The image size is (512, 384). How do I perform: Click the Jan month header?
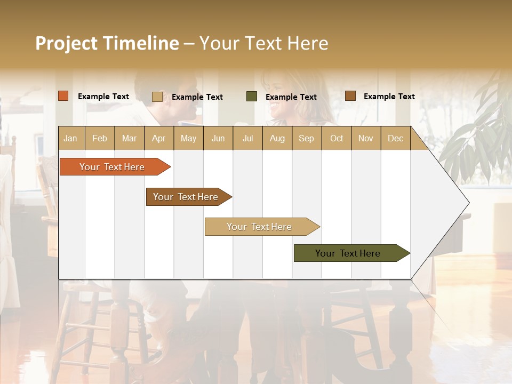[70, 139]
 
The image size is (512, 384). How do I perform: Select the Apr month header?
[158, 139]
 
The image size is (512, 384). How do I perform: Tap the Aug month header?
[277, 139]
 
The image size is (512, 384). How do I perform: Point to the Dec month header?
[395, 139]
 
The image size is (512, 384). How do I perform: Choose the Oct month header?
[337, 139]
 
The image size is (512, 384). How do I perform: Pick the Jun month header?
[218, 139]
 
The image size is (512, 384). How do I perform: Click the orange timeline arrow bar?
[112, 167]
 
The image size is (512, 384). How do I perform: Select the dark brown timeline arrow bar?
[186, 197]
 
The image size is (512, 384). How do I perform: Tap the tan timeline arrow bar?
[259, 227]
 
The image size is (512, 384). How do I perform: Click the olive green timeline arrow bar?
[348, 253]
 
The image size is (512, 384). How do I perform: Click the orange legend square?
[63, 96]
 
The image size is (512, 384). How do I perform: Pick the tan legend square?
[157, 97]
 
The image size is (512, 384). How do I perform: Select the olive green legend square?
[252, 97]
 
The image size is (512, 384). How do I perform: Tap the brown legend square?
[350, 96]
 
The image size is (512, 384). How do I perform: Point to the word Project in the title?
[67, 43]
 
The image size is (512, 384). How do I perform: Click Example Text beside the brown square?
[389, 97]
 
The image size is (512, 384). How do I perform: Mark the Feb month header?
[100, 139]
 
